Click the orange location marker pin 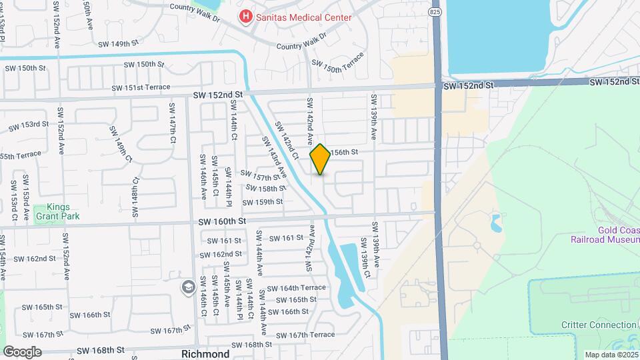coord(320,159)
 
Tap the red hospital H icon coord(247,16)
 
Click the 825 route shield coord(435,12)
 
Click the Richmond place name coord(205,353)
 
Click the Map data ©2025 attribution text coord(609,355)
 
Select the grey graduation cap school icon coord(188,286)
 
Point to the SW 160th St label coord(223,221)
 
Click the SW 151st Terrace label coord(141,87)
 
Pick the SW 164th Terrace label coord(296,288)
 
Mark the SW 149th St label coord(118,44)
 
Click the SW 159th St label coord(258,202)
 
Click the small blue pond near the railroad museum coord(497,222)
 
